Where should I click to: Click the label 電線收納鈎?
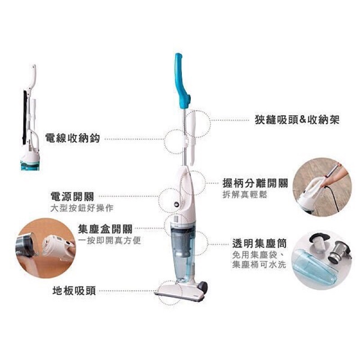[x=72, y=138]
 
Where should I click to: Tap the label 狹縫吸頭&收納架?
[x=297, y=120]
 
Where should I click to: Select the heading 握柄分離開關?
[x=255, y=183]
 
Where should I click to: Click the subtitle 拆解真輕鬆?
[x=245, y=195]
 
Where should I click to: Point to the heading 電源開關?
[x=72, y=197]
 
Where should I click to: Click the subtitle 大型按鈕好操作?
[x=82, y=208]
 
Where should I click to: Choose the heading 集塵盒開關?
[x=105, y=229]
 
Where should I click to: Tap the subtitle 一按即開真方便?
[x=109, y=240]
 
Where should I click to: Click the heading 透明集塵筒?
[x=260, y=243]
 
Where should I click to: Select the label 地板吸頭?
[x=74, y=291]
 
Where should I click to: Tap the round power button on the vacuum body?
[x=177, y=204]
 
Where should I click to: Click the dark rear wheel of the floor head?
[x=203, y=287]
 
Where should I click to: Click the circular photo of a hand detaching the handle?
[x=322, y=187]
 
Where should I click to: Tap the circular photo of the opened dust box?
[x=45, y=248]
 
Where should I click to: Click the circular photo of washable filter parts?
[x=321, y=260]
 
